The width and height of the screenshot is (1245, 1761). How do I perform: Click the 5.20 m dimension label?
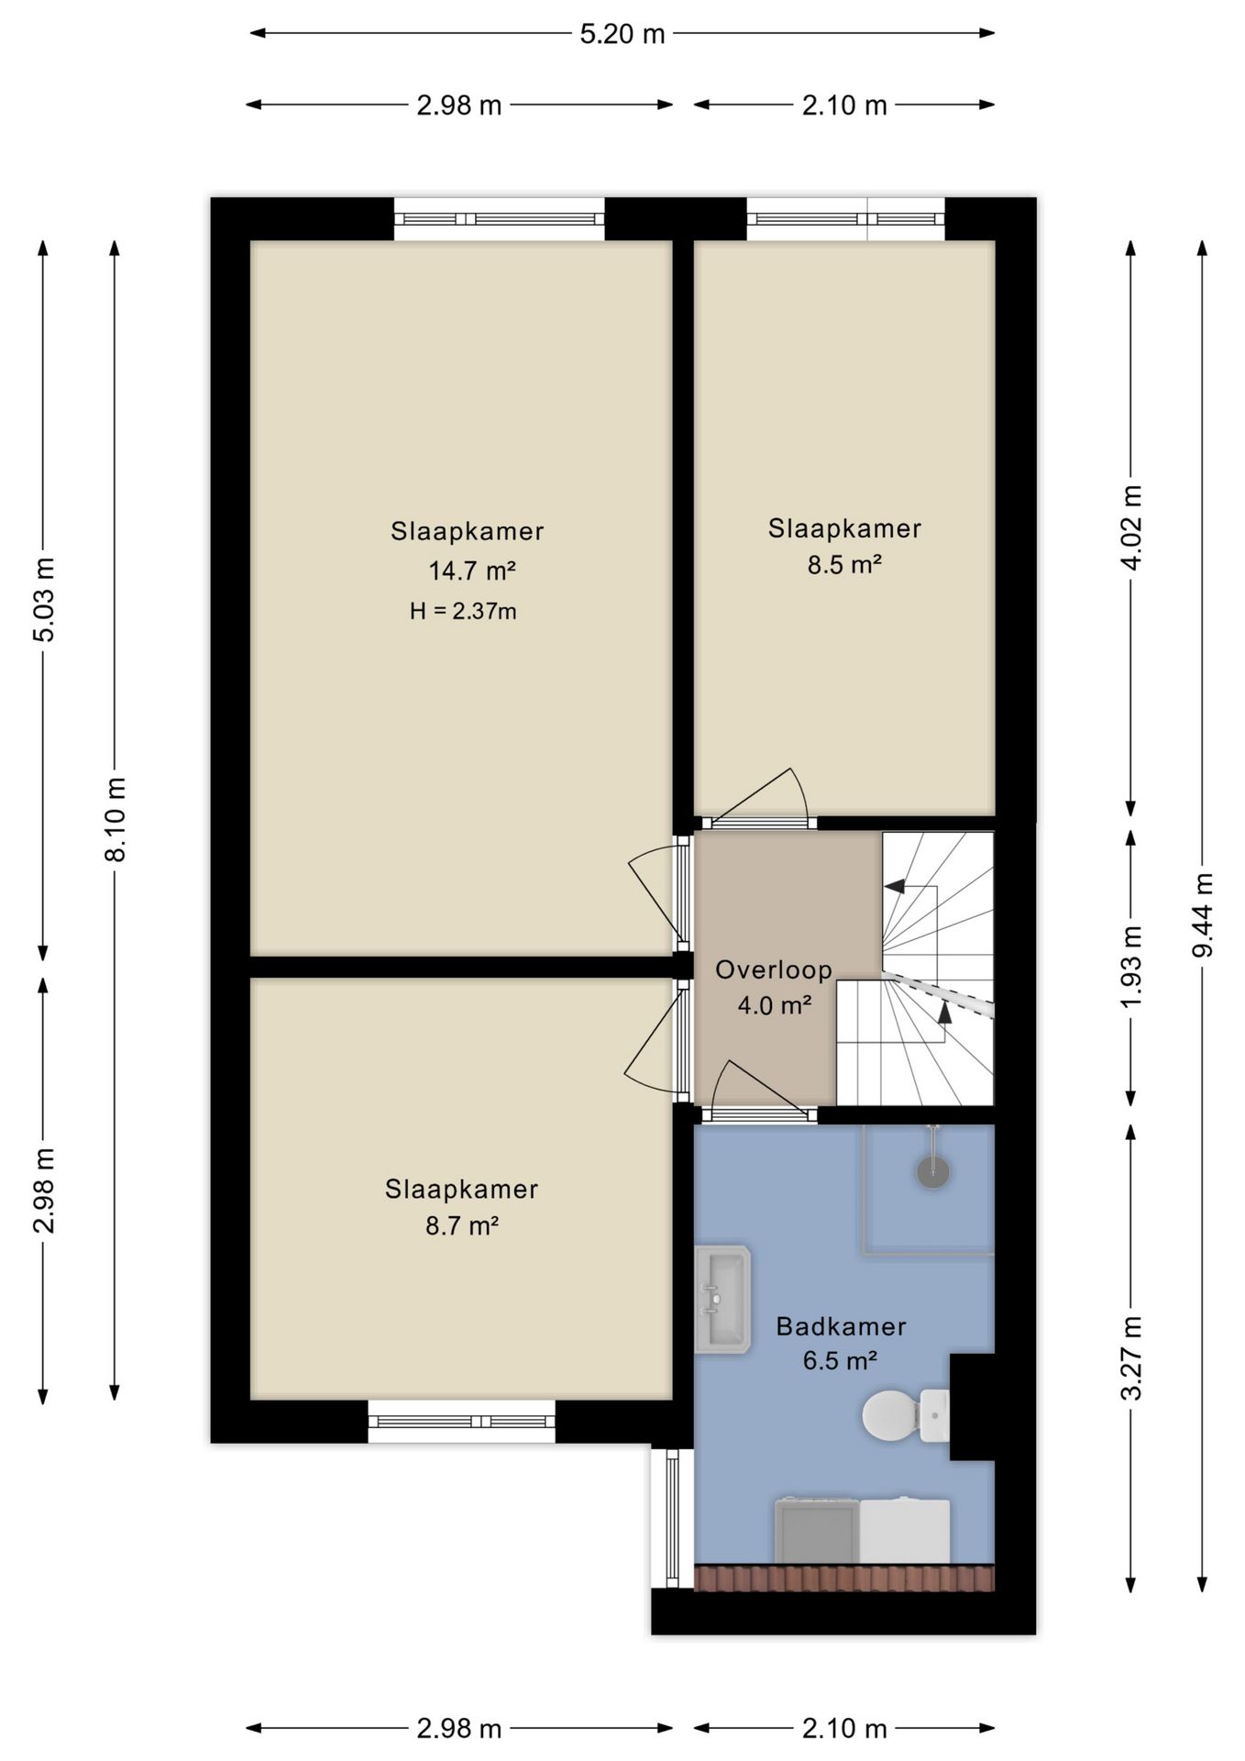(x=622, y=34)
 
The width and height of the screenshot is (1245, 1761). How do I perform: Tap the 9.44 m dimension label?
(x=1202, y=914)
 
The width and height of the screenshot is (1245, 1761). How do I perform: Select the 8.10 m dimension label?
(x=115, y=819)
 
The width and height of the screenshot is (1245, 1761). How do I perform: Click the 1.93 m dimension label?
(x=1131, y=968)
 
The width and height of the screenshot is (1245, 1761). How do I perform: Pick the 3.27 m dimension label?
(x=1131, y=1357)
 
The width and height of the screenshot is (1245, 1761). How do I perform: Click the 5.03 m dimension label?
(x=43, y=599)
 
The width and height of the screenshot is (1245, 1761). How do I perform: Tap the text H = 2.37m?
(x=463, y=611)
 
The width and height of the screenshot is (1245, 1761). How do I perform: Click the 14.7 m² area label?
(x=472, y=570)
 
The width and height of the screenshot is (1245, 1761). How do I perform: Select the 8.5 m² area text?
(x=844, y=564)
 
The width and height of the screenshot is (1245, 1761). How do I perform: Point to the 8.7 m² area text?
(x=462, y=1225)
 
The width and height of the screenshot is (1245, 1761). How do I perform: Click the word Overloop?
(x=774, y=969)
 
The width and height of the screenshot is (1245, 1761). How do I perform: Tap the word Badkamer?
(x=841, y=1325)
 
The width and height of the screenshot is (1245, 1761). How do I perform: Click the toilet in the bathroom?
(x=905, y=1415)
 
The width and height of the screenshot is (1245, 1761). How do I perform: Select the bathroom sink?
(x=722, y=1299)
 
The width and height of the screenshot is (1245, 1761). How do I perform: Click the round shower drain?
(x=933, y=1171)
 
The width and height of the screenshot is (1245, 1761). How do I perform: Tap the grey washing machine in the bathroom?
(x=817, y=1531)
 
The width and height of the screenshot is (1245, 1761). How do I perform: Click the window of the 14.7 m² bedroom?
(x=500, y=219)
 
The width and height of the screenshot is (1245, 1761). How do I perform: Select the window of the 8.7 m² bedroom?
(x=462, y=1421)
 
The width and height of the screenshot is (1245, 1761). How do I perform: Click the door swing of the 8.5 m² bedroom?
(x=759, y=794)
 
